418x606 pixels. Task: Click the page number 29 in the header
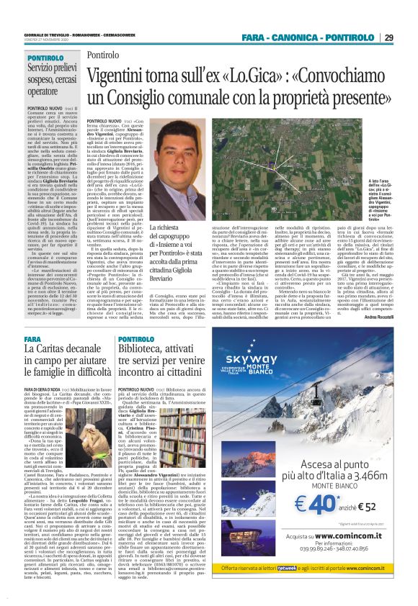[x=388, y=37]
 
